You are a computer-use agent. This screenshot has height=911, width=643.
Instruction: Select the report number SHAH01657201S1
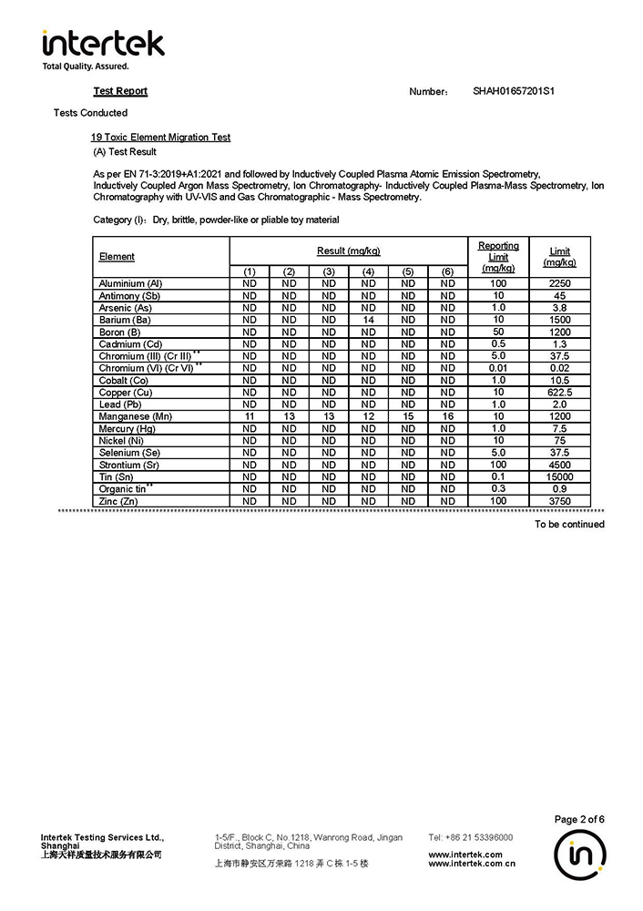tap(514, 91)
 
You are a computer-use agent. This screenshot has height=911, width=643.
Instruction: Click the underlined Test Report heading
tap(120, 91)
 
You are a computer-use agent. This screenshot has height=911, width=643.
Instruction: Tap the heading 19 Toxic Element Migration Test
tap(160, 138)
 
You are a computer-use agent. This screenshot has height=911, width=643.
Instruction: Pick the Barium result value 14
tap(369, 320)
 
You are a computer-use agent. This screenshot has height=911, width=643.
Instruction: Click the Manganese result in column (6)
tap(447, 416)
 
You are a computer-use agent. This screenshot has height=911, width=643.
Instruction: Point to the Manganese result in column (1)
tap(250, 416)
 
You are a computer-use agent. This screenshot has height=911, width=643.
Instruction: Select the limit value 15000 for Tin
tap(559, 476)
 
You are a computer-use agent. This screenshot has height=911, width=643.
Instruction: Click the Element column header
tap(117, 257)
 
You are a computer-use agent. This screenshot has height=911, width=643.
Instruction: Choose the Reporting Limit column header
tap(498, 257)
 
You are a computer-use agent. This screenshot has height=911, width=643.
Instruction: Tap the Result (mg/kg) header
tap(348, 251)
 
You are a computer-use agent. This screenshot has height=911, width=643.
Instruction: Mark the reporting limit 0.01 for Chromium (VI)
tap(498, 368)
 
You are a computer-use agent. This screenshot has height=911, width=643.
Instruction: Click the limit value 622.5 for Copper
tap(559, 393)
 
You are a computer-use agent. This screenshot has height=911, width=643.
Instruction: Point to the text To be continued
tap(569, 524)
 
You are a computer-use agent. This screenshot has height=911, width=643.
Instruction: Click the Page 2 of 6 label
tap(579, 819)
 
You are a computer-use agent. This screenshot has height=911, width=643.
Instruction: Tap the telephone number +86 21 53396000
tap(470, 837)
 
